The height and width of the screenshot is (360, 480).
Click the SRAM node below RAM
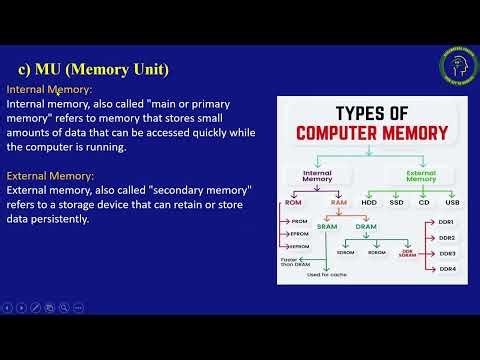tap(328, 226)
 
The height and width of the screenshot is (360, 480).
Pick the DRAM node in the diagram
tap(366, 226)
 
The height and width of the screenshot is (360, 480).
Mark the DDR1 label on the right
tap(447, 221)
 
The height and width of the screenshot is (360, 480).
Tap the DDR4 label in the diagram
tap(447, 269)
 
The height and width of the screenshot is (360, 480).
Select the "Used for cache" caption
tap(326, 274)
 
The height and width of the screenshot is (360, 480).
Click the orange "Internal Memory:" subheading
tap(48, 89)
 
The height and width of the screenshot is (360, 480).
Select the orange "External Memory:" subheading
tap(49, 175)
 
